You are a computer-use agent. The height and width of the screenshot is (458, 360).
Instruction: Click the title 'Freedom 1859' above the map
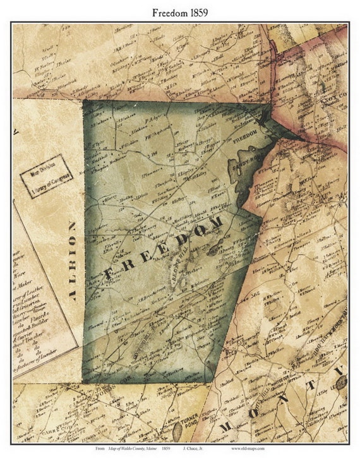(x=179, y=11)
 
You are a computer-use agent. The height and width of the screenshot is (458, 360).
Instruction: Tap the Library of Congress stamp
(x=46, y=176)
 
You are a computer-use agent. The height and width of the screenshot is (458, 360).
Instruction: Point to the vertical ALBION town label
(x=72, y=260)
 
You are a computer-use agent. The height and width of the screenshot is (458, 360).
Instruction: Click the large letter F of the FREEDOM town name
(x=109, y=272)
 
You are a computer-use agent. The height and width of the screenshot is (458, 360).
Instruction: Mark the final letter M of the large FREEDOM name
(x=214, y=224)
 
